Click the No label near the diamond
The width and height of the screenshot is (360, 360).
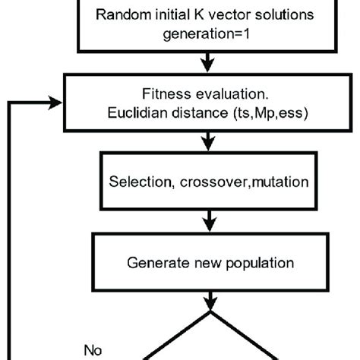point(93,350)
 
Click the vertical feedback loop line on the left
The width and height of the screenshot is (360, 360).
point(9,228)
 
